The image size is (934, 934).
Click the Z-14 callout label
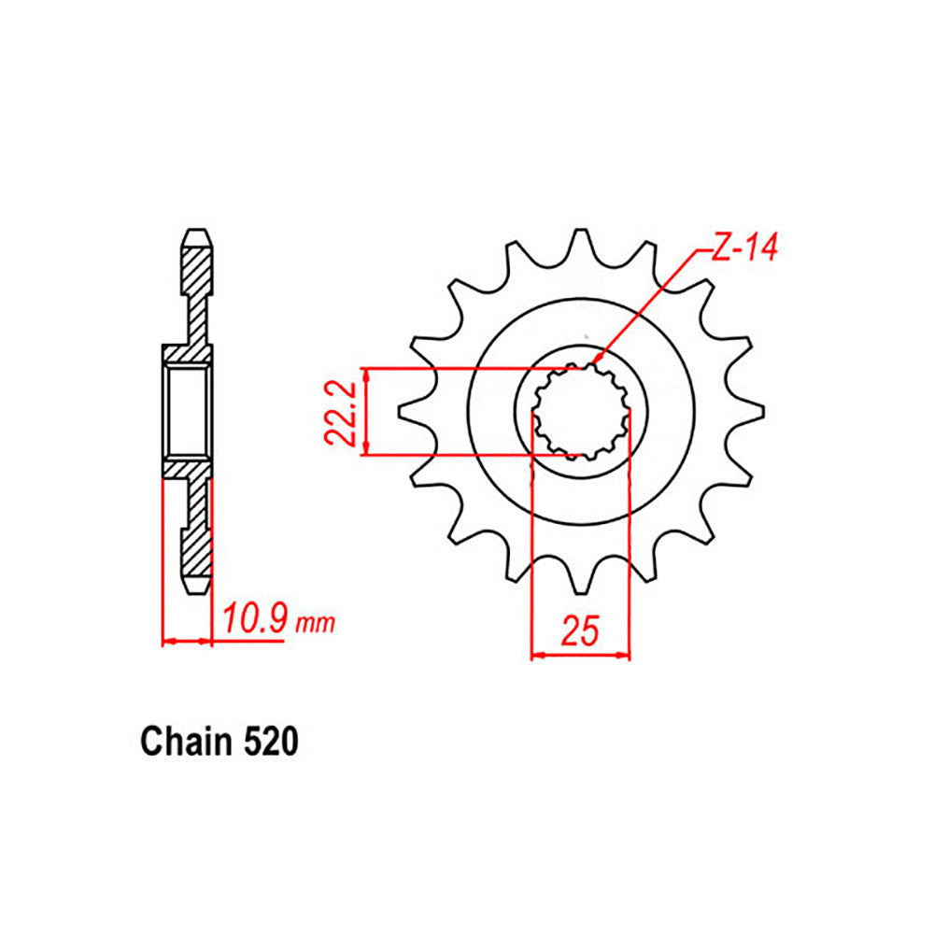point(743,249)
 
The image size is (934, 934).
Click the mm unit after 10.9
point(315,624)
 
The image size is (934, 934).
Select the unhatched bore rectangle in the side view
point(187,412)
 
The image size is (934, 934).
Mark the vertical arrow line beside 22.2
point(369,412)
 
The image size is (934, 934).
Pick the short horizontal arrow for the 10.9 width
point(188,642)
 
